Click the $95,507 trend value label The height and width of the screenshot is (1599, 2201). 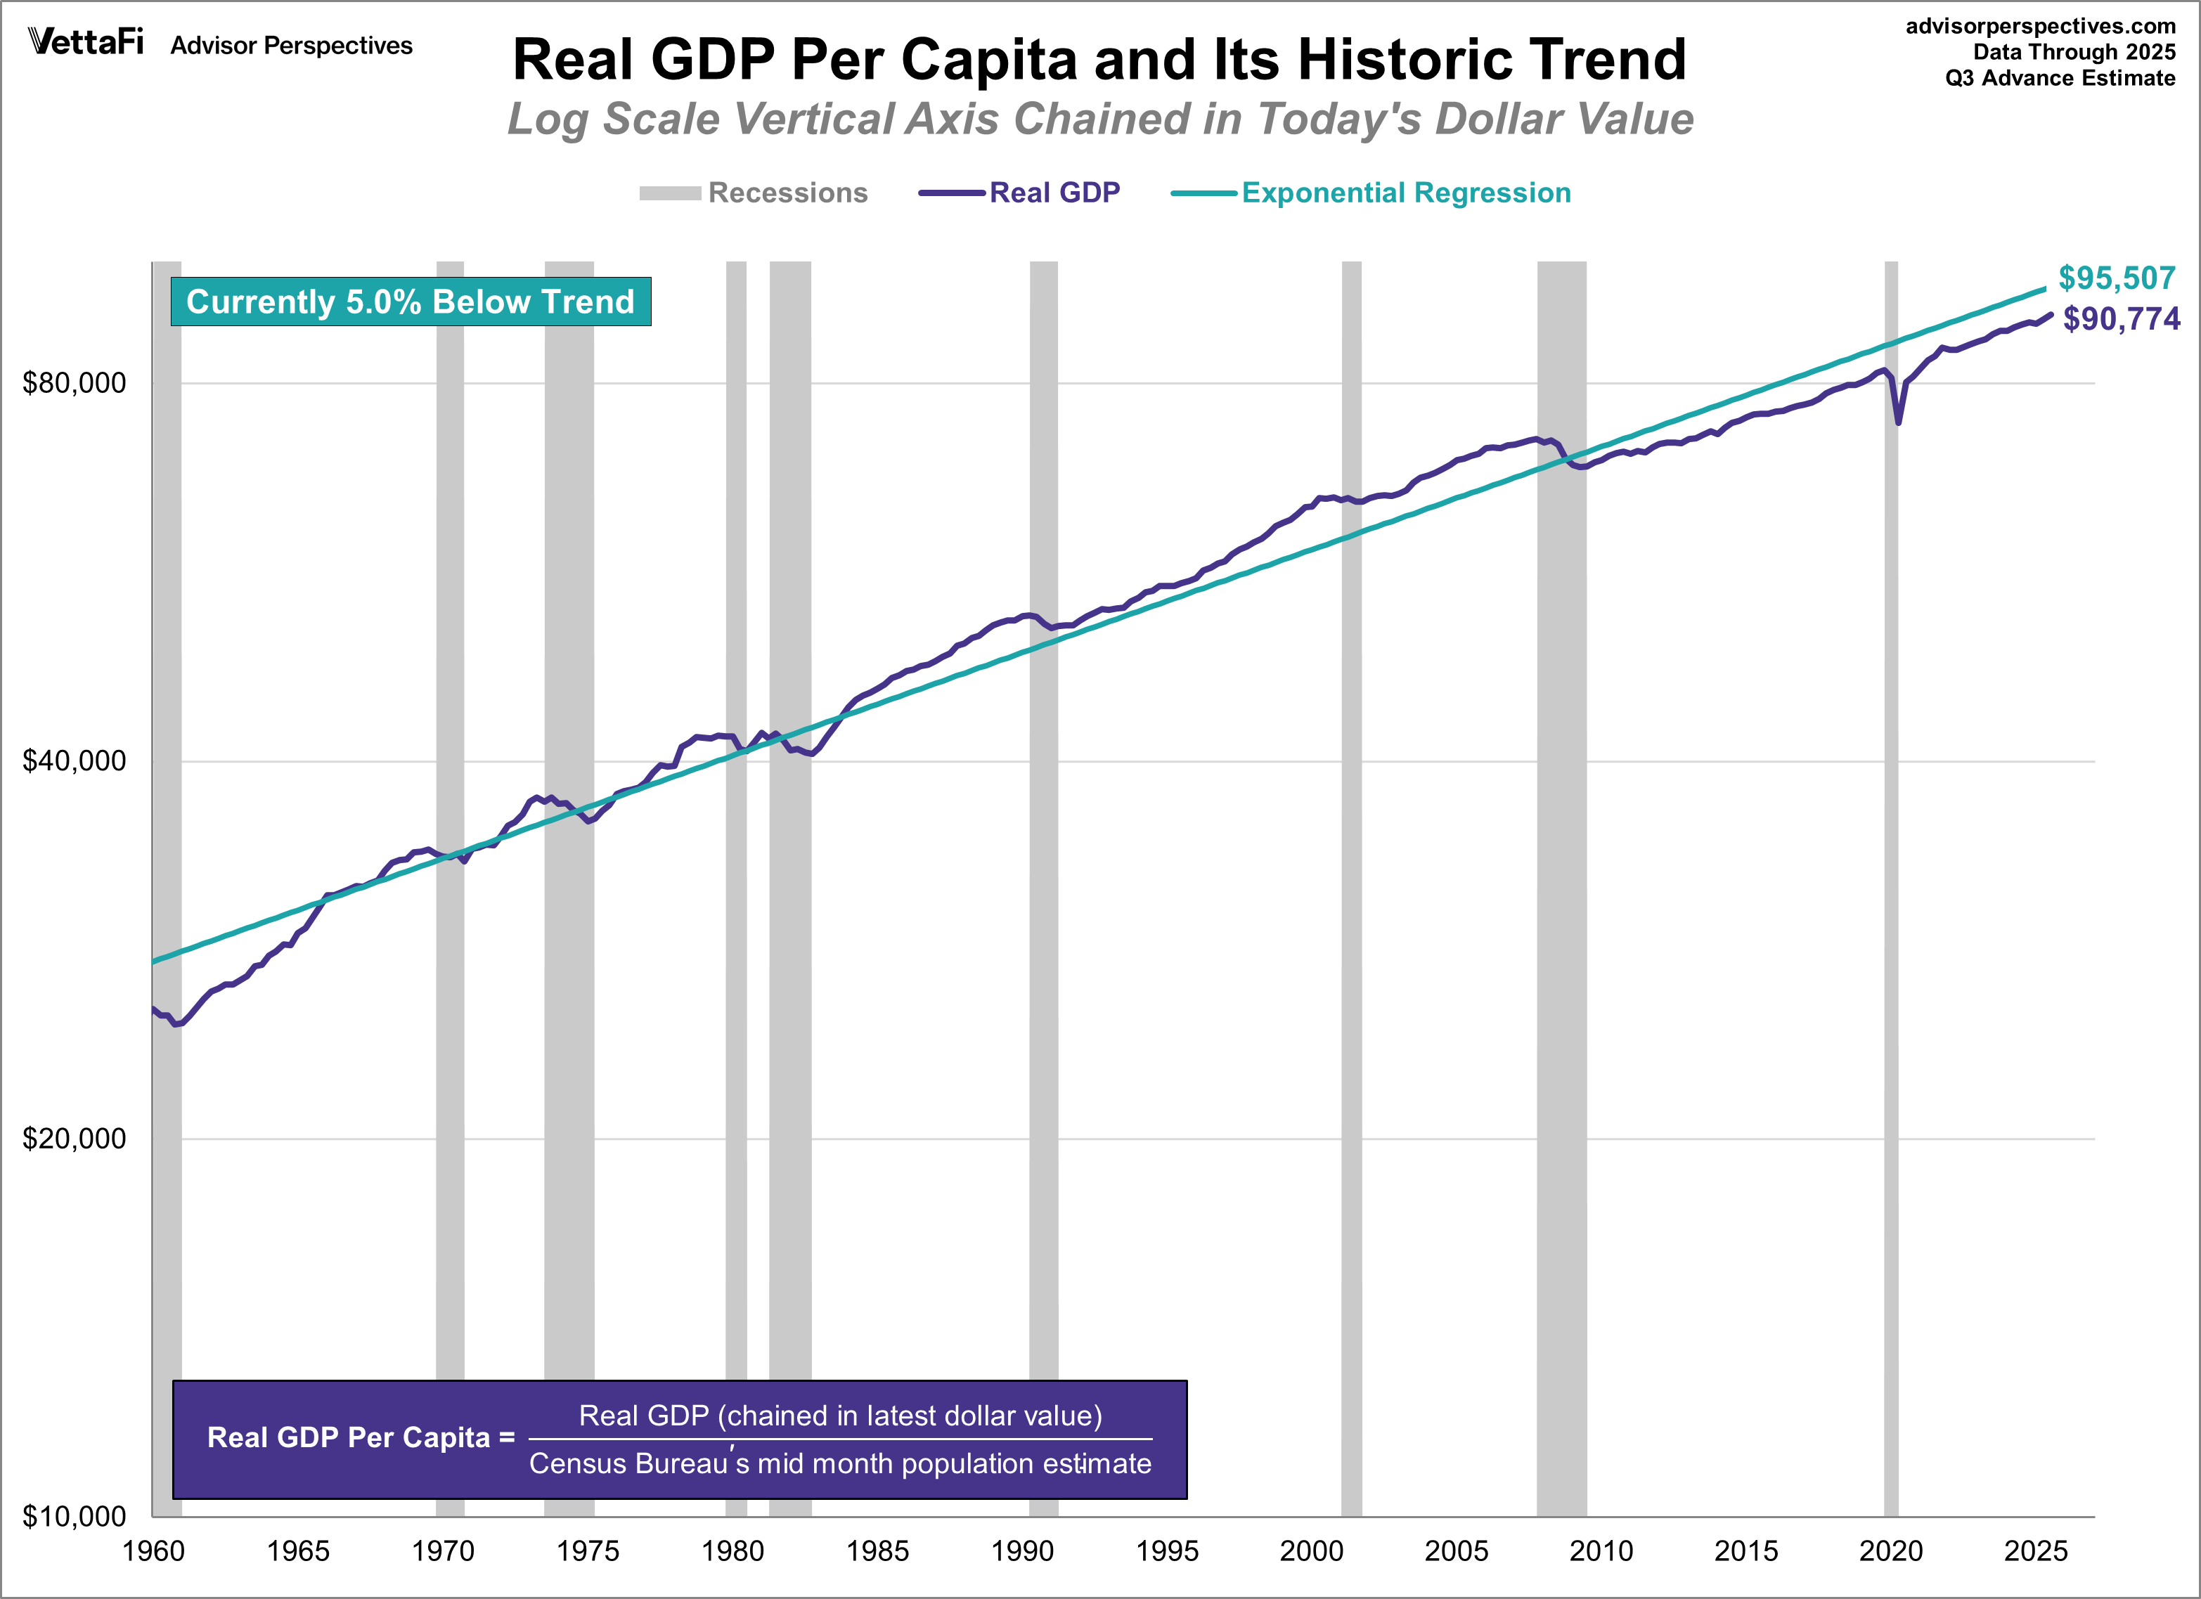2117,278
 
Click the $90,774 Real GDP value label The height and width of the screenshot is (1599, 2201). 2120,319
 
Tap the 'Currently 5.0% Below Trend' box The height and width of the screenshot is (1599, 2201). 411,302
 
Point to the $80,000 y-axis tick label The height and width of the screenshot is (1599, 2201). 74,383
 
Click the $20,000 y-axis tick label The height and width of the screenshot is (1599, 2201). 74,1138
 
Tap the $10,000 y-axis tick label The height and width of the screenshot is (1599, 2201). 74,1515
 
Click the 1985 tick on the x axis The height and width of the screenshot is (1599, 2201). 877,1551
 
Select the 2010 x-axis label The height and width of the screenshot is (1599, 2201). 1601,1551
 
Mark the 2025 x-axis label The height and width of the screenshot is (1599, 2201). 2035,1551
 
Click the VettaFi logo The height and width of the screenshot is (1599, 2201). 85,43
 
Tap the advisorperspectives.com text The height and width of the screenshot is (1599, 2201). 2040,26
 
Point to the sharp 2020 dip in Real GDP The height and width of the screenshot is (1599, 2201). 1897,421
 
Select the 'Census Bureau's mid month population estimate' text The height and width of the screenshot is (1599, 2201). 839,1463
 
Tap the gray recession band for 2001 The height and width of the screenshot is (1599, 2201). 1351,873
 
